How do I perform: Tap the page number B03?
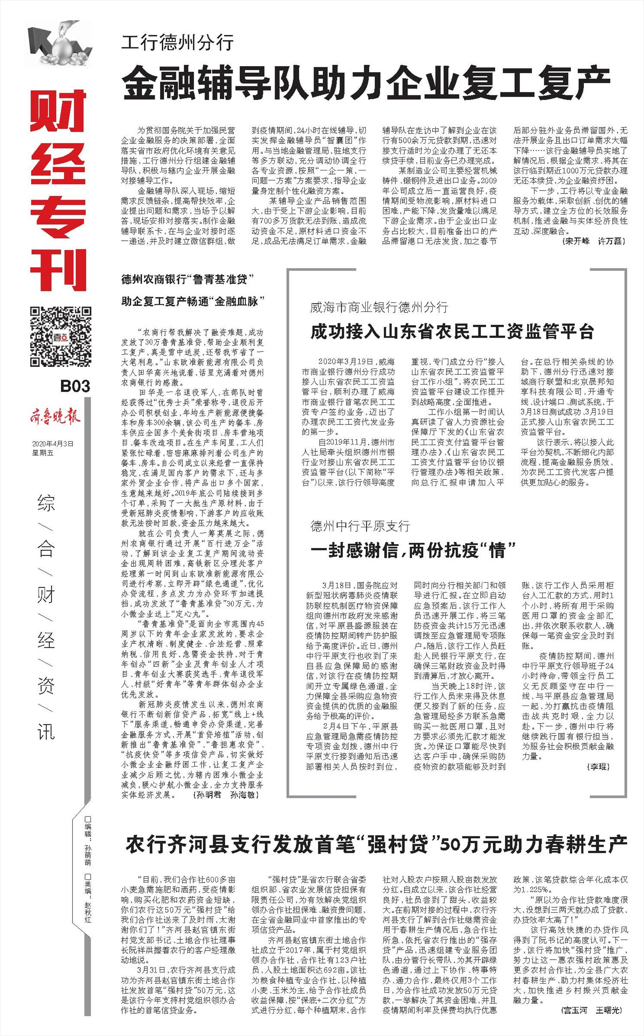(75, 386)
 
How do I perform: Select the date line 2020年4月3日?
(52, 444)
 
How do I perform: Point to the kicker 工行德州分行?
(177, 43)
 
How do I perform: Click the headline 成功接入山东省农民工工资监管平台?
(452, 332)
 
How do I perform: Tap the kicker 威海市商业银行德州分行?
(379, 307)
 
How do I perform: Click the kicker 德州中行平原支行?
(360, 526)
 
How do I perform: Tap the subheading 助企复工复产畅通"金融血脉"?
(192, 301)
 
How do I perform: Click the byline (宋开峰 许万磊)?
(593, 242)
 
